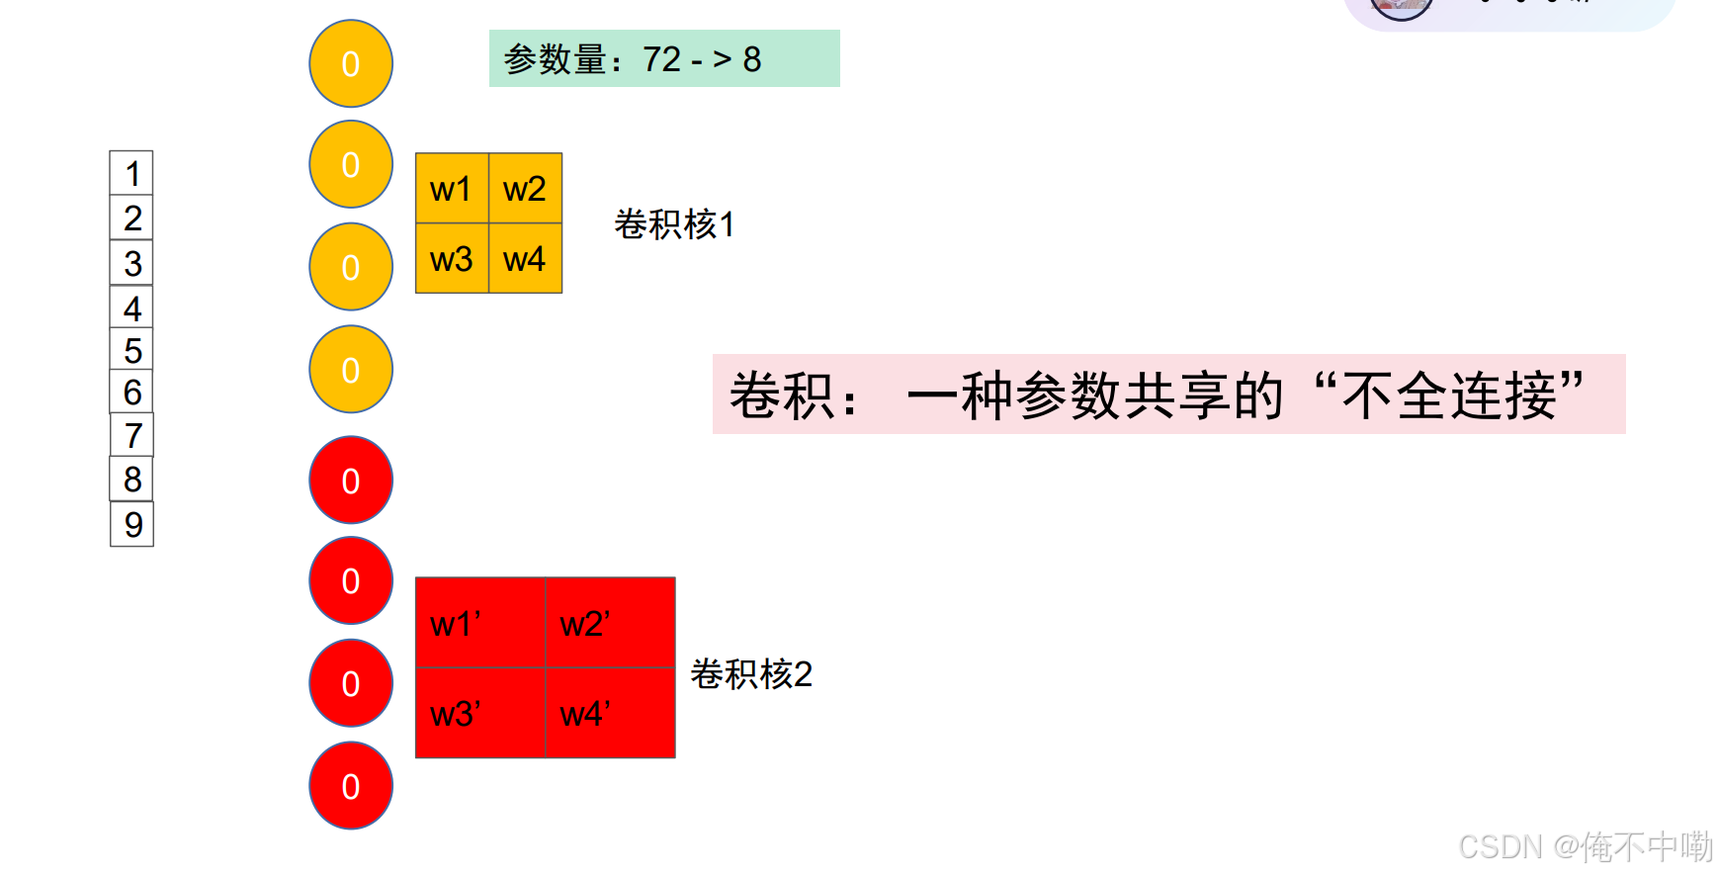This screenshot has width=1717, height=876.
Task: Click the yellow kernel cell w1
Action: [x=452, y=189]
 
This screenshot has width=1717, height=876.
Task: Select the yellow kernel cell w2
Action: [x=525, y=189]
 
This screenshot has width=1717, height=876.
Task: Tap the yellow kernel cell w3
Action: [x=452, y=259]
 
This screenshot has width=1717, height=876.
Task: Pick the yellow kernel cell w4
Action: [x=525, y=259]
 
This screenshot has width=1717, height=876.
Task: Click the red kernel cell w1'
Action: [x=480, y=623]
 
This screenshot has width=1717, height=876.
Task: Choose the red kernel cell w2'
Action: [x=610, y=623]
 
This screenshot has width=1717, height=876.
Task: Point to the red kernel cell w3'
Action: [x=480, y=713]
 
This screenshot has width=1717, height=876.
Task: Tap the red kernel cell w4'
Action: [x=610, y=713]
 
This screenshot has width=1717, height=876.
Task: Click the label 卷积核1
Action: [x=674, y=224]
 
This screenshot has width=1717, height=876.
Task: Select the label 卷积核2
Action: [x=751, y=674]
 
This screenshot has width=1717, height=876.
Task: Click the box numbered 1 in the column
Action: [x=131, y=174]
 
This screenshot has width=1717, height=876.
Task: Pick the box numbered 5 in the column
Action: [x=131, y=351]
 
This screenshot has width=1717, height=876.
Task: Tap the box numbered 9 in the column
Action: [x=132, y=524]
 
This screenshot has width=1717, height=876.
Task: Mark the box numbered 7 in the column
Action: [x=132, y=436]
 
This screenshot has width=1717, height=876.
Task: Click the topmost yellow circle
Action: [x=351, y=63]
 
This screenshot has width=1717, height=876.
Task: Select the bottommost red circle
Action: [x=351, y=786]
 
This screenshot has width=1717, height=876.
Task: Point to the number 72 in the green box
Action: [x=662, y=59]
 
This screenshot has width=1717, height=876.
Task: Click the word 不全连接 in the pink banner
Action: [x=1449, y=394]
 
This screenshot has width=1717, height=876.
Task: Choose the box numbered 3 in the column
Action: [x=131, y=264]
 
